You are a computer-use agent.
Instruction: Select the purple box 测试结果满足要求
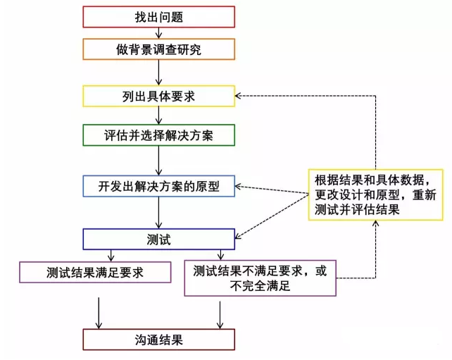click(95, 272)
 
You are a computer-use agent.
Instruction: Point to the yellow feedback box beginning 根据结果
click(374, 194)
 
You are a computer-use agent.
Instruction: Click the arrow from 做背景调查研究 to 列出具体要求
click(158, 72)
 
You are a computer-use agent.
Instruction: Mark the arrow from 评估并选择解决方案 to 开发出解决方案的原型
click(158, 160)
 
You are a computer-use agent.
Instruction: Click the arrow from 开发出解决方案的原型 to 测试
click(158, 212)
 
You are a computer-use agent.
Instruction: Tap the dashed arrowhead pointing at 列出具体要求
click(239, 94)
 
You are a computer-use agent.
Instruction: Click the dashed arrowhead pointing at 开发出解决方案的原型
click(239, 187)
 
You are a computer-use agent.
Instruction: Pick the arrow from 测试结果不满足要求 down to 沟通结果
click(221, 313)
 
